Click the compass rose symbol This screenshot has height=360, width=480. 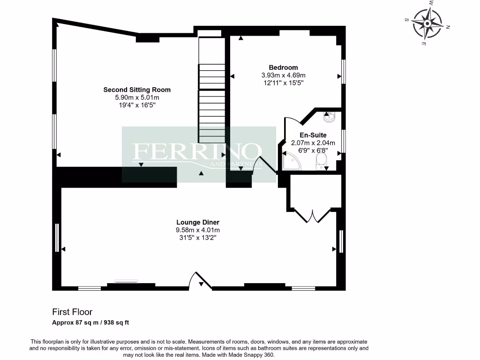[x=428, y=23]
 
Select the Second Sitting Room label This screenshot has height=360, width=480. [x=137, y=90]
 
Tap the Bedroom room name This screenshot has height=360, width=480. [x=283, y=67]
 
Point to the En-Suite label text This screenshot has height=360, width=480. [x=313, y=135]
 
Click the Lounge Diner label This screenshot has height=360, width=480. [x=198, y=222]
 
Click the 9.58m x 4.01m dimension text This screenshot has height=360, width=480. [x=198, y=230]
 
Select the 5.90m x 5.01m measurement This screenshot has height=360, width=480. [x=137, y=97]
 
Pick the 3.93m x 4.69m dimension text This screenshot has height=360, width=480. [x=283, y=75]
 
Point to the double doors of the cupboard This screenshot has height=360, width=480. [x=313, y=215]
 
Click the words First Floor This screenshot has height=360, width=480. [x=72, y=312]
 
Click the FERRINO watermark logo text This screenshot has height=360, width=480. [x=197, y=151]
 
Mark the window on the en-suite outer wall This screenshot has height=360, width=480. [x=344, y=141]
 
